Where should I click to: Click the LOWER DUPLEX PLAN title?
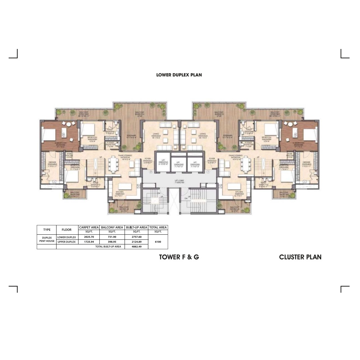179,75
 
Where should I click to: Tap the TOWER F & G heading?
179,257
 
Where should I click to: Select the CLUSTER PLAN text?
300,257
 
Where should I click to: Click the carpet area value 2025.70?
89,237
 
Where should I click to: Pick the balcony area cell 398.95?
112,242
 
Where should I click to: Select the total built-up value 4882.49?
136,247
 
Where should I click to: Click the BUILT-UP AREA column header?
136,228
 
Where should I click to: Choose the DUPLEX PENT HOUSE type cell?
47,239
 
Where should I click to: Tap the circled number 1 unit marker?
208,171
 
